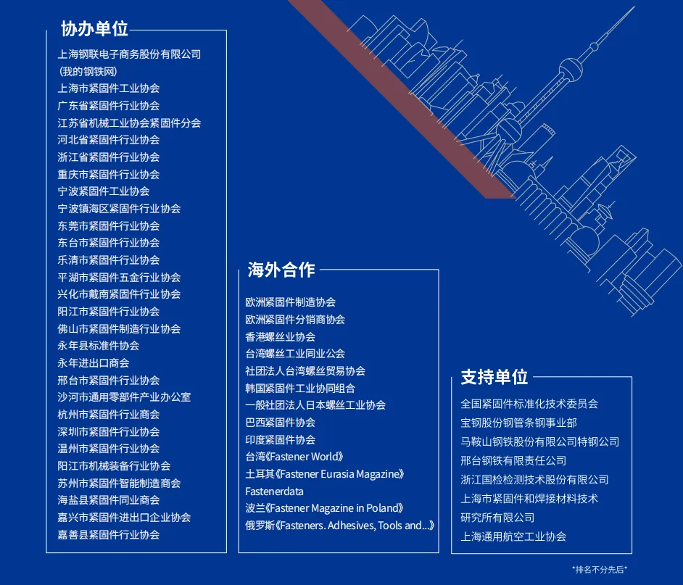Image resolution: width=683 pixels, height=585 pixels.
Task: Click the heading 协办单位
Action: click(94, 29)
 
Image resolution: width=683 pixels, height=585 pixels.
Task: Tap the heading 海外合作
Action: click(281, 270)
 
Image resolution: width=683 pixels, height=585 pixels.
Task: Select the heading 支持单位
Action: click(494, 377)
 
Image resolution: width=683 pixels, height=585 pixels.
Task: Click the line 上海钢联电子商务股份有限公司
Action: click(129, 54)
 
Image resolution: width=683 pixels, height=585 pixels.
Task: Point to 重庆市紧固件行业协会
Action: click(109, 175)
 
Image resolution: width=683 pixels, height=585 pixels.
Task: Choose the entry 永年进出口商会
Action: click(94, 363)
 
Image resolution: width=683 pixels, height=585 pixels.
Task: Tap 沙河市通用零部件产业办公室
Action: click(124, 397)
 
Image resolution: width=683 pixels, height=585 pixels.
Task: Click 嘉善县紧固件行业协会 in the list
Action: click(109, 535)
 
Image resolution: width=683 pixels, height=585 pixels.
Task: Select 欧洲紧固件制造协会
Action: click(290, 302)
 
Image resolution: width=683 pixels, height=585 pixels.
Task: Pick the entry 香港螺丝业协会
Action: click(280, 337)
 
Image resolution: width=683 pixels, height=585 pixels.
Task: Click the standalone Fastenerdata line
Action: click(274, 491)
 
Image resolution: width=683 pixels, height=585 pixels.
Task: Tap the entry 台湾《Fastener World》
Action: click(294, 457)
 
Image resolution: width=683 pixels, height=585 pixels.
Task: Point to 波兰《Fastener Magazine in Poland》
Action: click(324, 509)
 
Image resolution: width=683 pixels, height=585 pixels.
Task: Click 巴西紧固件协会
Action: click(280, 423)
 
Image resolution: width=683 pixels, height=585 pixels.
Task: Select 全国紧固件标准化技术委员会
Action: click(529, 404)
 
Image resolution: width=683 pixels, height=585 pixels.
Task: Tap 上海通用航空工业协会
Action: click(513, 537)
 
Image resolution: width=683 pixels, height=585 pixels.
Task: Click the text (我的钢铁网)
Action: click(88, 72)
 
